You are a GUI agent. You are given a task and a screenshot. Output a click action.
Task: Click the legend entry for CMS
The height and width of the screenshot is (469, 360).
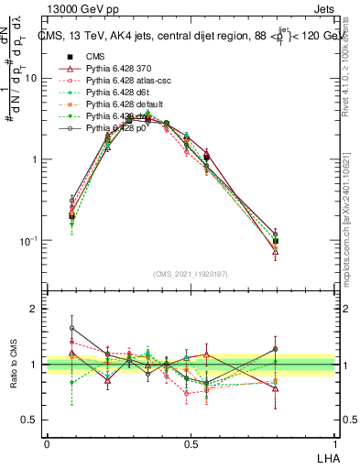[x=96, y=56]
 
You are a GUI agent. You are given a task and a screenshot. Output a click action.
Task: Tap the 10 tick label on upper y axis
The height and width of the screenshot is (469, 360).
[x=31, y=78]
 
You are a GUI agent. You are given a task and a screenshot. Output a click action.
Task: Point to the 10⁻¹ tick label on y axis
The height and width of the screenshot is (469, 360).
[x=28, y=240]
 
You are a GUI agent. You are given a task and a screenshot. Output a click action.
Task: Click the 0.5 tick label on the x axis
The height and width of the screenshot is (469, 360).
[x=191, y=444]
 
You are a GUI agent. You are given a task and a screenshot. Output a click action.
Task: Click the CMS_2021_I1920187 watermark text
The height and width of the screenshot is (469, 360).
[x=191, y=271]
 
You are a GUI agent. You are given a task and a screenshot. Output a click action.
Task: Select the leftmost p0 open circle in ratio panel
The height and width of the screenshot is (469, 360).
[x=72, y=328]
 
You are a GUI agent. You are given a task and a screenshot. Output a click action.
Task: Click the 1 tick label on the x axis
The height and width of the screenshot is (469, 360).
[x=333, y=444]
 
